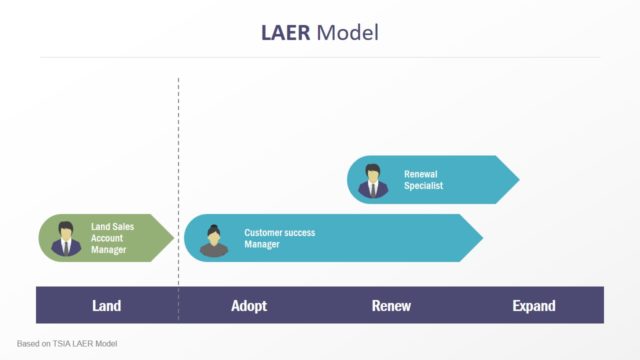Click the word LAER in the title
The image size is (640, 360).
point(284,32)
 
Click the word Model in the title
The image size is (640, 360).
point(347,32)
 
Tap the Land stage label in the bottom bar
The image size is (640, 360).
point(107,305)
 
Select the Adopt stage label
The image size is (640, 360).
point(249,305)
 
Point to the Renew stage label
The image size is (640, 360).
point(391,305)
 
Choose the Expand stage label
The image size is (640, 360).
point(533,305)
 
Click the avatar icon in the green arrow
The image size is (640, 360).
point(67,238)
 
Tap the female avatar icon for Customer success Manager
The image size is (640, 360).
point(213,240)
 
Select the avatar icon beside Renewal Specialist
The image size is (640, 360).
point(374,181)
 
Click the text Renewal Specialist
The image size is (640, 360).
point(423,180)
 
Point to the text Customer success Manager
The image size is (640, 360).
point(279,238)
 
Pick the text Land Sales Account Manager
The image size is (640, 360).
point(113,238)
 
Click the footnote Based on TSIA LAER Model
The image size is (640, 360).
point(67,344)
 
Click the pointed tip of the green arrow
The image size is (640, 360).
point(173,238)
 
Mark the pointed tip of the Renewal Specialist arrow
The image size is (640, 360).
point(517,180)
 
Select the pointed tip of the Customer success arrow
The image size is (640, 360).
point(481,238)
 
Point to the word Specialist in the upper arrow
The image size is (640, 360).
point(423,186)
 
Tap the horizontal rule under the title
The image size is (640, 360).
point(320,57)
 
